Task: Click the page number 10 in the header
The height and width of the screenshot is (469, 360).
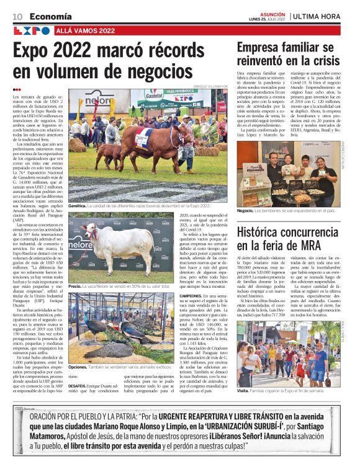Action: coord(18,16)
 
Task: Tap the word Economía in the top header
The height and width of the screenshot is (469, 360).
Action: coord(50,16)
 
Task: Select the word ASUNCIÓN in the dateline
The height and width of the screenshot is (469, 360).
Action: coord(272,13)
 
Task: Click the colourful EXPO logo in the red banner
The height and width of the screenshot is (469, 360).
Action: coord(32,30)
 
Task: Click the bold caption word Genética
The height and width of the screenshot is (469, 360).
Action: coord(78,204)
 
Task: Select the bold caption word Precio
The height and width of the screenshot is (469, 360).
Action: coord(75,287)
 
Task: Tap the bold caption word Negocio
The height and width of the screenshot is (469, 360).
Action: coord(246,210)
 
